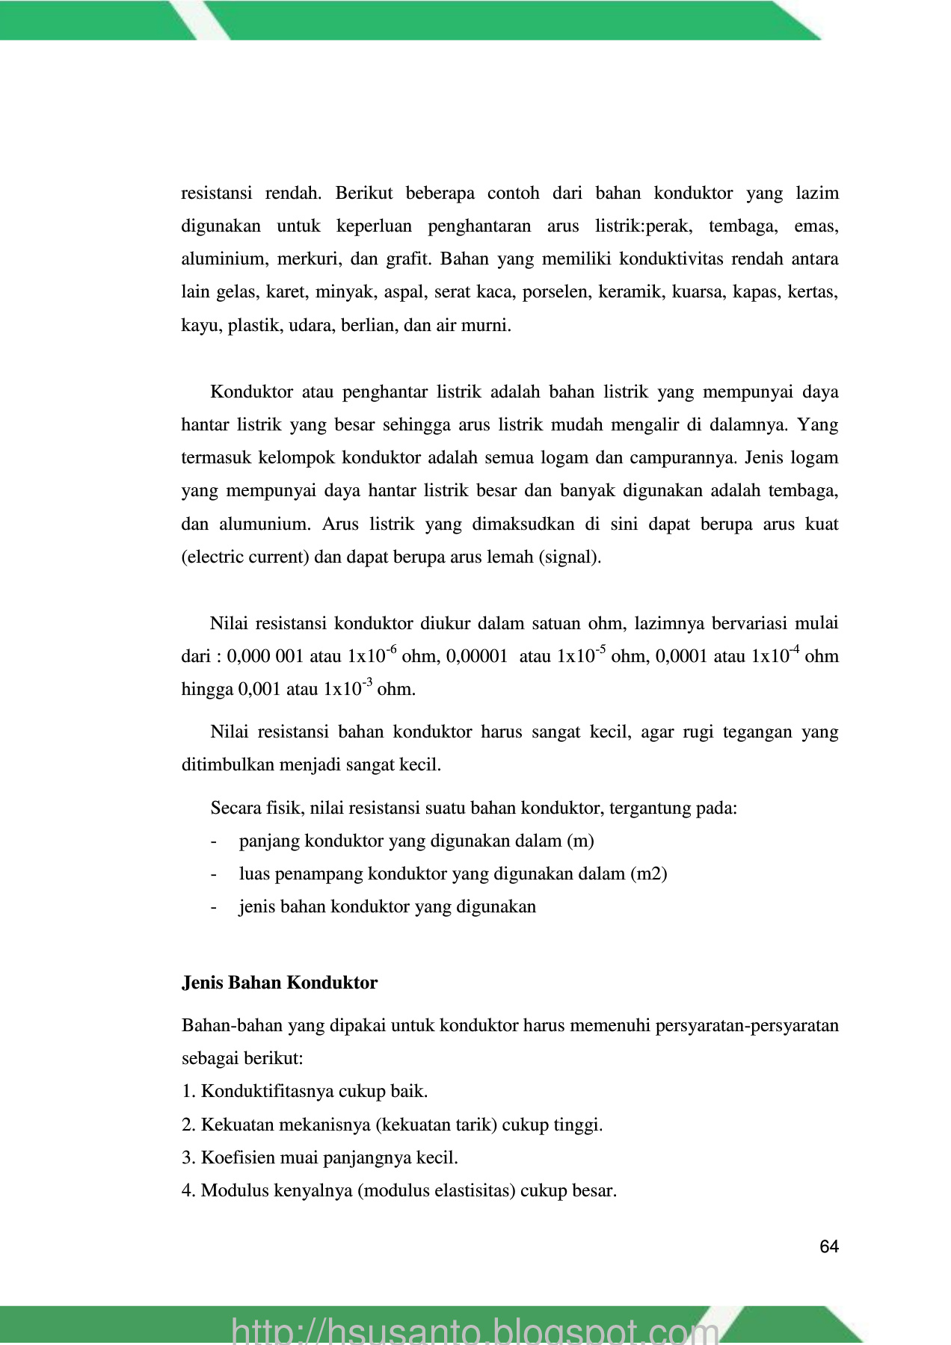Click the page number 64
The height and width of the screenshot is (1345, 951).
click(x=828, y=1246)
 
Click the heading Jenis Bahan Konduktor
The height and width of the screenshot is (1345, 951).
click(x=280, y=983)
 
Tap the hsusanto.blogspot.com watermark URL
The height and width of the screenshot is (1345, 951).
click(x=475, y=1330)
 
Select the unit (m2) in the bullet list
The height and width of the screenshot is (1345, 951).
click(x=649, y=874)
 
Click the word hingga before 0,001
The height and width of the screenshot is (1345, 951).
click(x=207, y=689)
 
